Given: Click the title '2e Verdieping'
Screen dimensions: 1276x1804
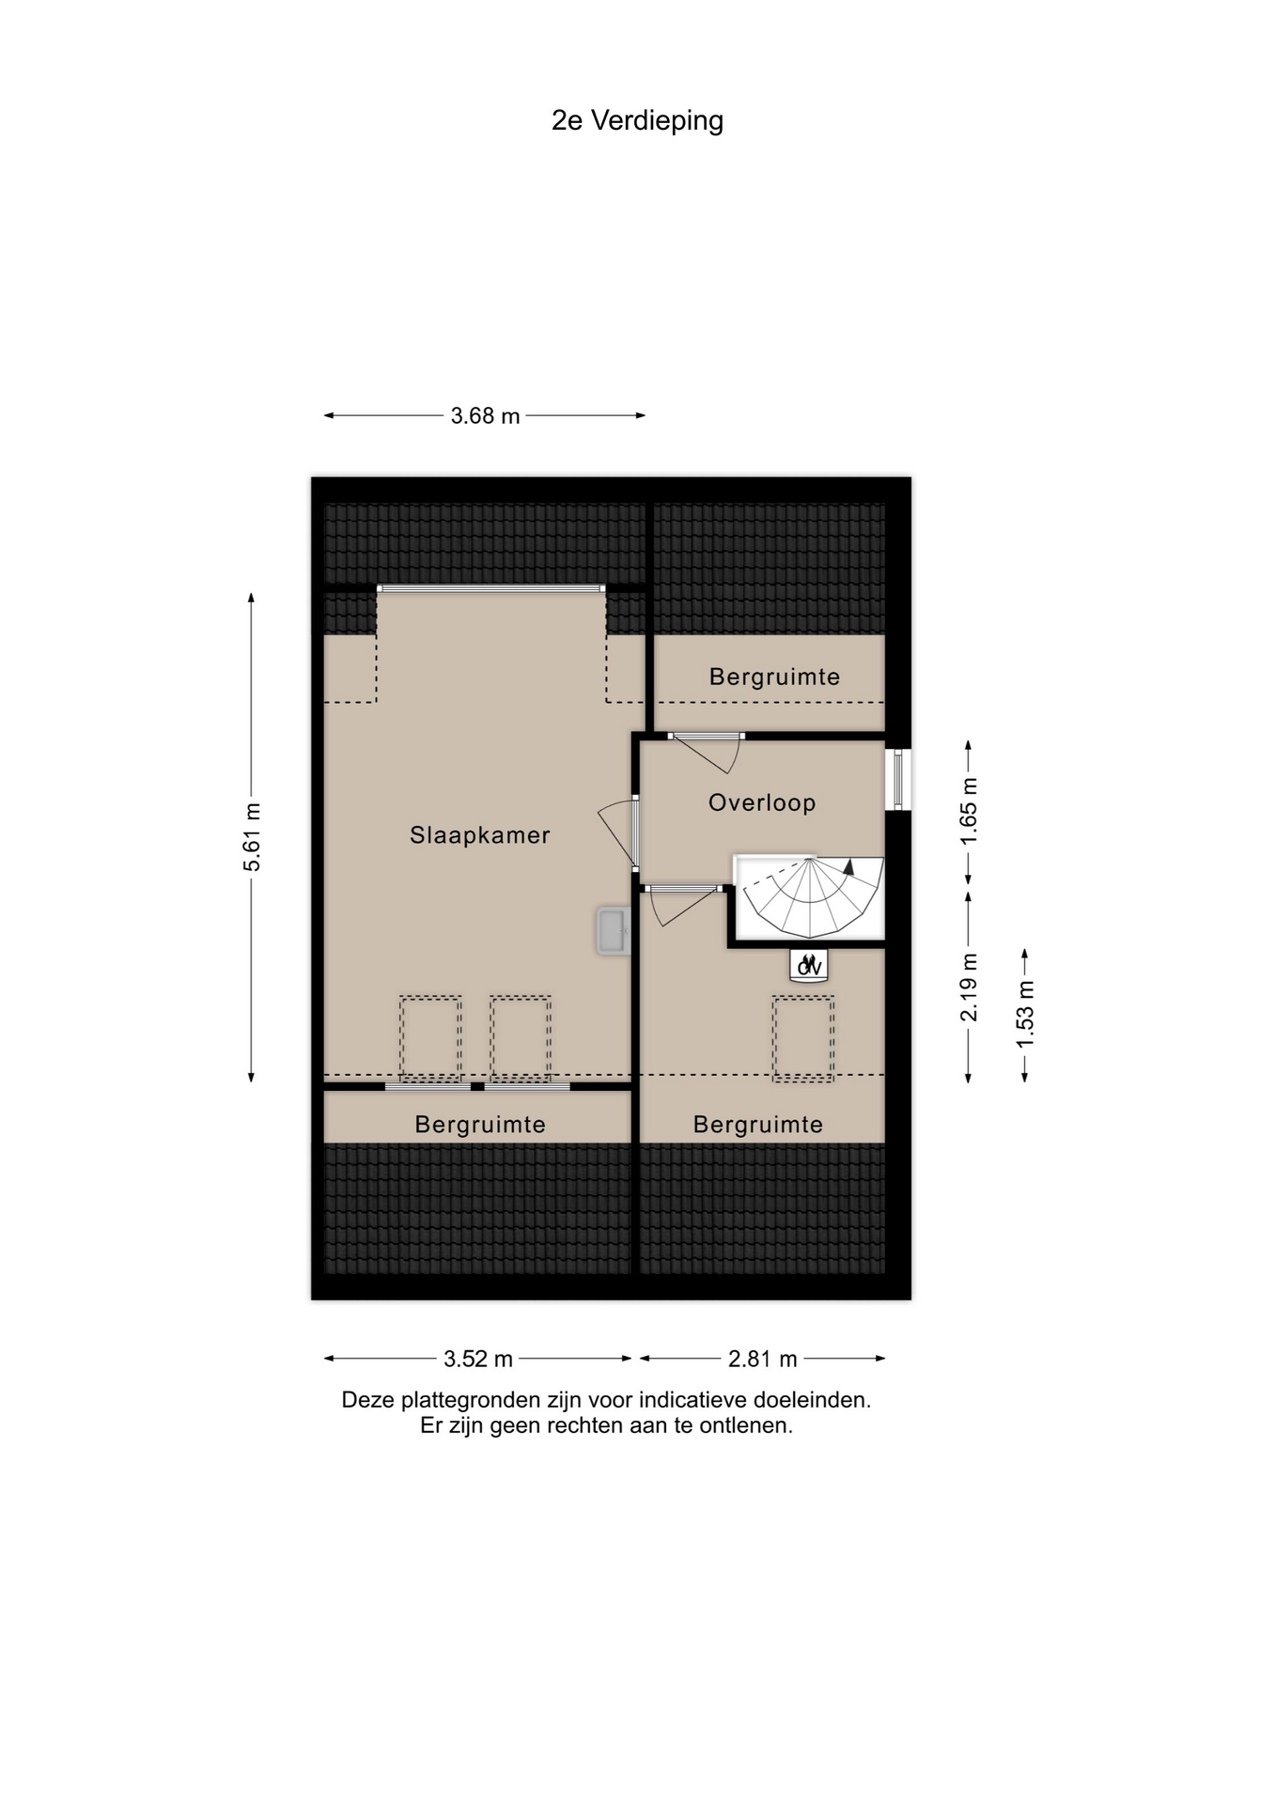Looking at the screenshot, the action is click(637, 121).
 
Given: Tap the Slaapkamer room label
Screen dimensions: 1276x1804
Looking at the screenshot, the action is click(480, 835).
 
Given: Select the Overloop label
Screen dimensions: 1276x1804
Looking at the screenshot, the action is click(762, 803).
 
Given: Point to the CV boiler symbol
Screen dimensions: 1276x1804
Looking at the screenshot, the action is click(809, 966).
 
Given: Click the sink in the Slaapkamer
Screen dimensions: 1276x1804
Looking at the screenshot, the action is click(613, 931).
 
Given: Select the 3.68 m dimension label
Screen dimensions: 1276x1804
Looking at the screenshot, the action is click(485, 416).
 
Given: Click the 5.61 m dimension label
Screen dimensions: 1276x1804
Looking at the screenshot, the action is click(252, 837).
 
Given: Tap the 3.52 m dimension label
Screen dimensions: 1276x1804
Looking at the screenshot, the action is click(478, 1359).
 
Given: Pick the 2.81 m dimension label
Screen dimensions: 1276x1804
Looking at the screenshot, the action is click(763, 1359).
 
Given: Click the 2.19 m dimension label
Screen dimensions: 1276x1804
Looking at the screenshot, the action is click(969, 988).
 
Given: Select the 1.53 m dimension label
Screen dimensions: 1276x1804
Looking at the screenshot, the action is click(1025, 1015).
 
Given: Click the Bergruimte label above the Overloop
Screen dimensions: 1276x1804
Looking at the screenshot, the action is click(775, 677).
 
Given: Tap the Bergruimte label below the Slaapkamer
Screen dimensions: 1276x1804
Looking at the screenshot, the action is click(480, 1125).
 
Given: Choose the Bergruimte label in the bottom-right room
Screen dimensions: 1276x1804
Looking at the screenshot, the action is click(758, 1125).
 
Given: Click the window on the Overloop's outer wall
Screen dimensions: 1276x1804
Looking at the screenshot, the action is click(898, 779).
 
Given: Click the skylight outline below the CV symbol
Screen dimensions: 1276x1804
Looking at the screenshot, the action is click(803, 1039).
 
